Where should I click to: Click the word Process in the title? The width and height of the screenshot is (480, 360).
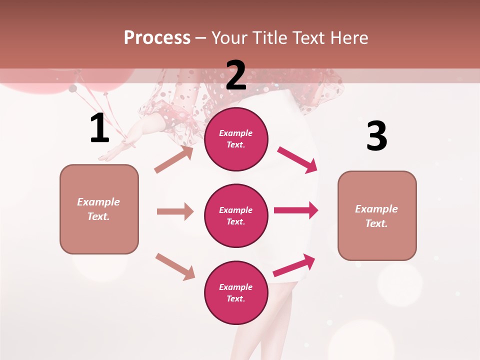tap(157, 38)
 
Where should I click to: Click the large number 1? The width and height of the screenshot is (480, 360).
tap(99, 128)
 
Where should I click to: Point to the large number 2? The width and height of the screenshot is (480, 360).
tap(236, 75)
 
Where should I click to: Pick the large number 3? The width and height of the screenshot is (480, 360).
tap(376, 136)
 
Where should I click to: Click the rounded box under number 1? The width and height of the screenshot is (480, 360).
tap(99, 209)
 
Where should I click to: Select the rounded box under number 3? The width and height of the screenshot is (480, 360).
tap(377, 216)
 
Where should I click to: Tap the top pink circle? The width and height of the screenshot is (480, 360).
tap(236, 139)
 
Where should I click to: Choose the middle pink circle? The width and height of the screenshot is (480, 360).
tap(236, 215)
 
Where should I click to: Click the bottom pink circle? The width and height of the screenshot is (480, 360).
tap(236, 292)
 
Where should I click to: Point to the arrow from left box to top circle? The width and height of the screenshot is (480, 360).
tap(174, 159)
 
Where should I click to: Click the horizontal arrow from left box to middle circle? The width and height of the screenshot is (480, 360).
tap(175, 211)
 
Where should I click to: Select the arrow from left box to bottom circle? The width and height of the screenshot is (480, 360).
tap(175, 266)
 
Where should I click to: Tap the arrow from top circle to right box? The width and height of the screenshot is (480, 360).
tap(297, 160)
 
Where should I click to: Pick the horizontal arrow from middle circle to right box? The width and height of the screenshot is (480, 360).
tap(296, 210)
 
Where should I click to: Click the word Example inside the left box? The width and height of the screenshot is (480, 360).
tap(98, 202)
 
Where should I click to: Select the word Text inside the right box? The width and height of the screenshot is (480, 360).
tap(376, 223)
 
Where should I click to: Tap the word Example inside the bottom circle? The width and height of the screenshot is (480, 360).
tap(236, 287)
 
